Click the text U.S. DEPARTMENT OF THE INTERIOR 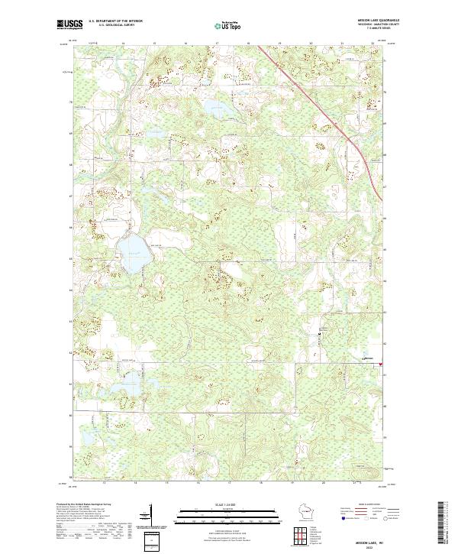point(115,21)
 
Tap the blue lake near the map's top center point(213,106)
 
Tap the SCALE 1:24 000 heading point(229,504)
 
